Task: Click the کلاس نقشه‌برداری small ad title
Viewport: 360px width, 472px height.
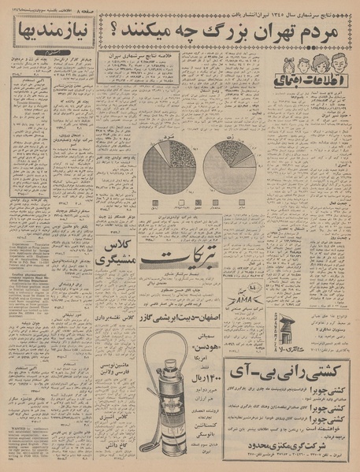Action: [x=118, y=336]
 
